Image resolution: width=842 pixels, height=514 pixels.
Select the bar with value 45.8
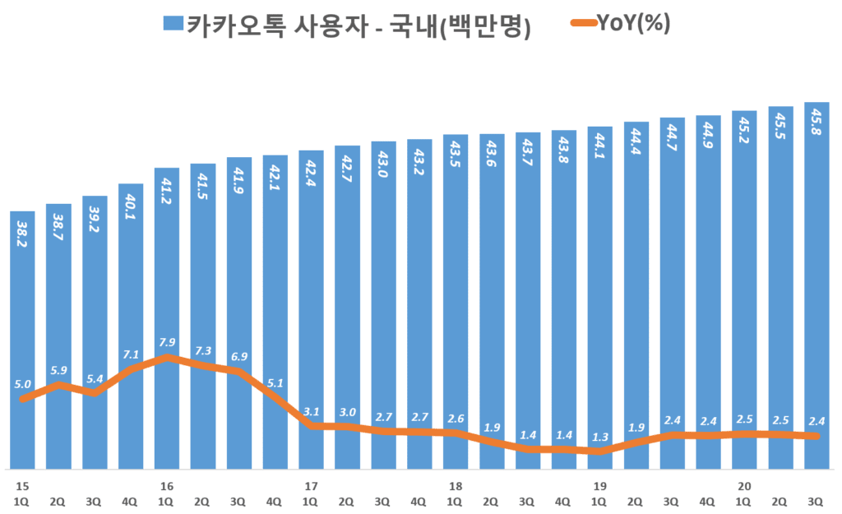(x=817, y=288)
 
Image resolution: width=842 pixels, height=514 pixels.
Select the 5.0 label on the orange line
(x=23, y=384)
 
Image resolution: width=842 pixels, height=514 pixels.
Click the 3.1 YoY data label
(x=311, y=411)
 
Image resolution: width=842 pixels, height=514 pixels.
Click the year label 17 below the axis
(x=311, y=486)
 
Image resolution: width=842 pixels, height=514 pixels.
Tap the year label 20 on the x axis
(x=745, y=486)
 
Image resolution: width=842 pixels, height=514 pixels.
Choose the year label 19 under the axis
(x=600, y=486)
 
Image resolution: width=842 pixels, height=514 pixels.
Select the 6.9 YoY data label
(x=239, y=356)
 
